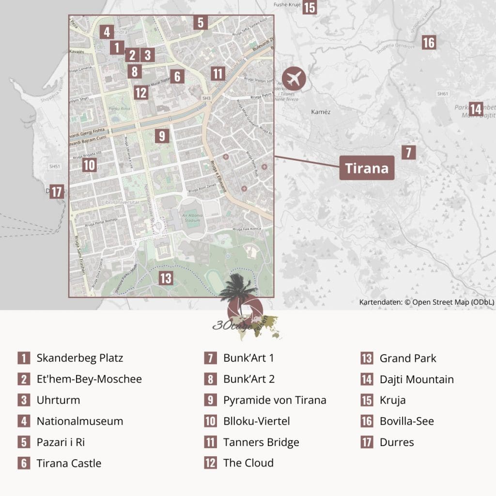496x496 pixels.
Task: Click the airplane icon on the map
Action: click(294, 78)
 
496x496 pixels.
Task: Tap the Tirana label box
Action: click(367, 168)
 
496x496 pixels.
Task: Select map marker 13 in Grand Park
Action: click(166, 278)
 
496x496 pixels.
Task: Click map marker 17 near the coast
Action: click(57, 192)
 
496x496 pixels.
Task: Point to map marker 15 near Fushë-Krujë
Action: click(310, 7)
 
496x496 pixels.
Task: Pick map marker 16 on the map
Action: click(428, 43)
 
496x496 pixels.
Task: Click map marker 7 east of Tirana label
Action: click(408, 153)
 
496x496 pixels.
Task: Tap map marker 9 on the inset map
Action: click(162, 136)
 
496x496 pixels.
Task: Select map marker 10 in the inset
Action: click(89, 165)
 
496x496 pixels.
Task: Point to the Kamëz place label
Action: click(321, 112)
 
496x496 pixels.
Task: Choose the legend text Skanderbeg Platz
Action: click(80, 358)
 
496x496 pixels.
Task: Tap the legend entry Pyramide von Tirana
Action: click(275, 400)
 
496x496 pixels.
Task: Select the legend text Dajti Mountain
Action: click(417, 379)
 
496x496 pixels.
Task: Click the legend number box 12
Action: click(210, 463)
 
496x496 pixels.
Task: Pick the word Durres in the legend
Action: click(397, 442)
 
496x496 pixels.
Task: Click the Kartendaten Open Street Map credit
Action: click(426, 302)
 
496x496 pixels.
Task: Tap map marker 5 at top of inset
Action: click(200, 22)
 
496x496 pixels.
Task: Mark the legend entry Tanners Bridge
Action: click(261, 442)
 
